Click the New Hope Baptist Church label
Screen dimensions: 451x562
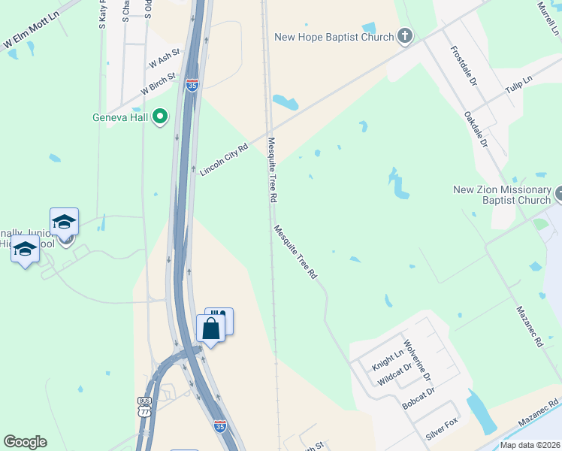334,37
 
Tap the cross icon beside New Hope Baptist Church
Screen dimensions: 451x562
404,36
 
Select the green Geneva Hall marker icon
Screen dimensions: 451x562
159,117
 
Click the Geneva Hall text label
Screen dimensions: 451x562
120,117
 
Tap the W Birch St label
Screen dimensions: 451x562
158,84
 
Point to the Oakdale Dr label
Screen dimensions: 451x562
476,130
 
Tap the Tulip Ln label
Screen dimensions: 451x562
518,83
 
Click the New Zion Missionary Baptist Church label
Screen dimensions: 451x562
502,195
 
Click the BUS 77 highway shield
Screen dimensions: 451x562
144,407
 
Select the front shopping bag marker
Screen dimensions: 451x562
210,328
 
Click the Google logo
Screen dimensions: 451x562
25,442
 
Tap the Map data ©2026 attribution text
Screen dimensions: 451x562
530,445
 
